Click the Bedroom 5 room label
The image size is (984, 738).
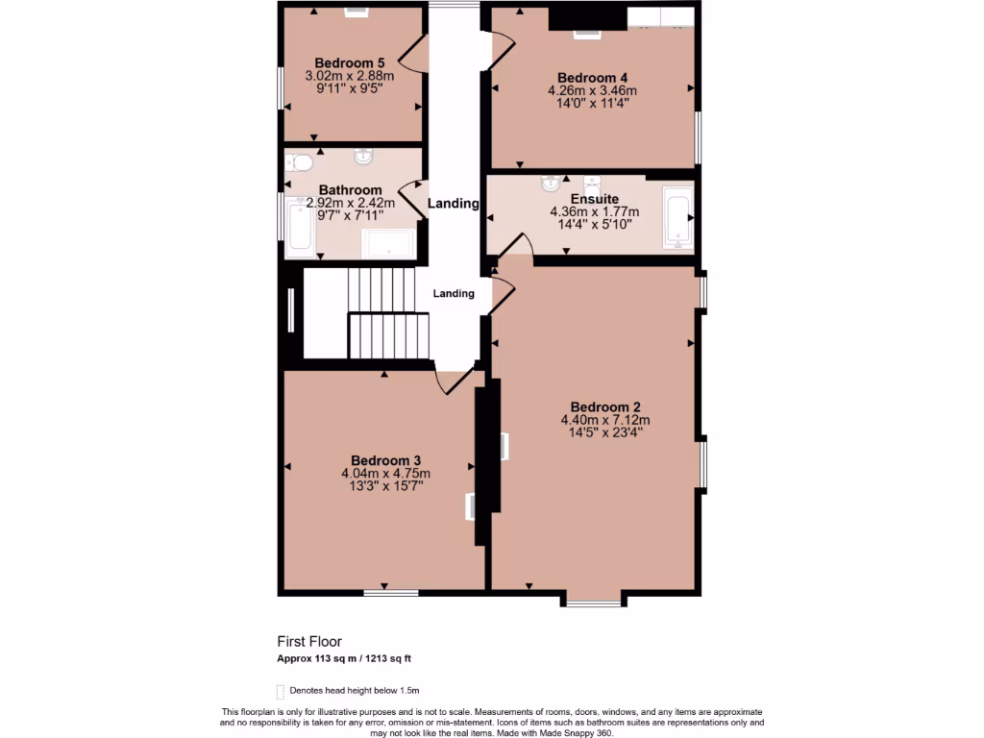tap(349, 63)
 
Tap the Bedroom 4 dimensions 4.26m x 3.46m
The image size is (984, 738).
tap(592, 90)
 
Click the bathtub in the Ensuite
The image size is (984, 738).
tap(677, 215)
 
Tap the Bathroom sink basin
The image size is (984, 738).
tap(363, 156)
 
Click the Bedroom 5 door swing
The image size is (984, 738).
tap(412, 55)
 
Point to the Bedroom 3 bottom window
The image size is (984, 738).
tap(390, 592)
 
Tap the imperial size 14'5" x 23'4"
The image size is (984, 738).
tap(605, 432)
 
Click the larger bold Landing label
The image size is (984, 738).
tap(454, 204)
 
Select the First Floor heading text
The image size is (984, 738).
tap(309, 641)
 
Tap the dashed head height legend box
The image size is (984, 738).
tap(281, 691)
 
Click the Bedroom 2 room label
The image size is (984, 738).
tap(605, 406)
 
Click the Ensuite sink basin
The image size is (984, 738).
tap(551, 182)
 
